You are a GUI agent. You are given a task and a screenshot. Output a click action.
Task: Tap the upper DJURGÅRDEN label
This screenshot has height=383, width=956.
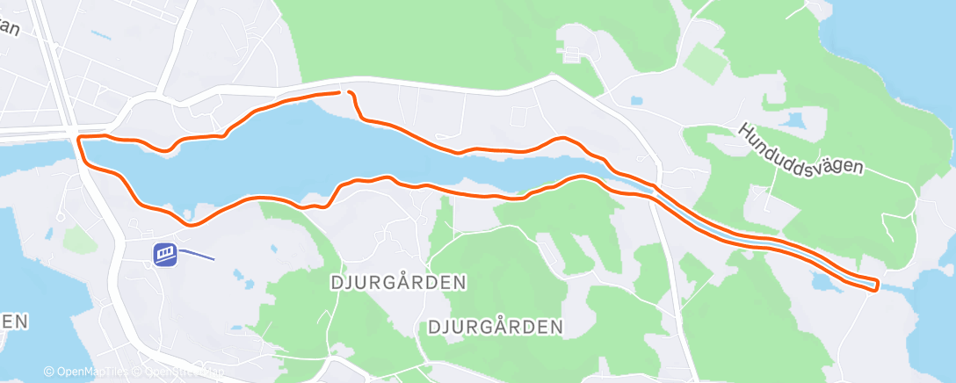[398, 283]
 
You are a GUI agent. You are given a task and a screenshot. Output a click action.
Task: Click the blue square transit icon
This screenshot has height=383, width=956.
[164, 255]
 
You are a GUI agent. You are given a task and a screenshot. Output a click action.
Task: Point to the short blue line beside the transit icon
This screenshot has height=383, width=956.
[197, 257]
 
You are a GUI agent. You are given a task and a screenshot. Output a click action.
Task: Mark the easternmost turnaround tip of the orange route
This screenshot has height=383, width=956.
[877, 285]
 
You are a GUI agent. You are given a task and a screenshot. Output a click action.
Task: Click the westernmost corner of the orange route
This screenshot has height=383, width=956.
[80, 139]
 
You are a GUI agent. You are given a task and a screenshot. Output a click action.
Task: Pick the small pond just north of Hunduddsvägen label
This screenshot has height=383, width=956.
[795, 120]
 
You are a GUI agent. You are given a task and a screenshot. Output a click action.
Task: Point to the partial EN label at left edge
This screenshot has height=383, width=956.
[12, 322]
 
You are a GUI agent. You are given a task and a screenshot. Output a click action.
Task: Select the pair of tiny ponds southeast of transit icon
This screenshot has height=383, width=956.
[241, 279]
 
